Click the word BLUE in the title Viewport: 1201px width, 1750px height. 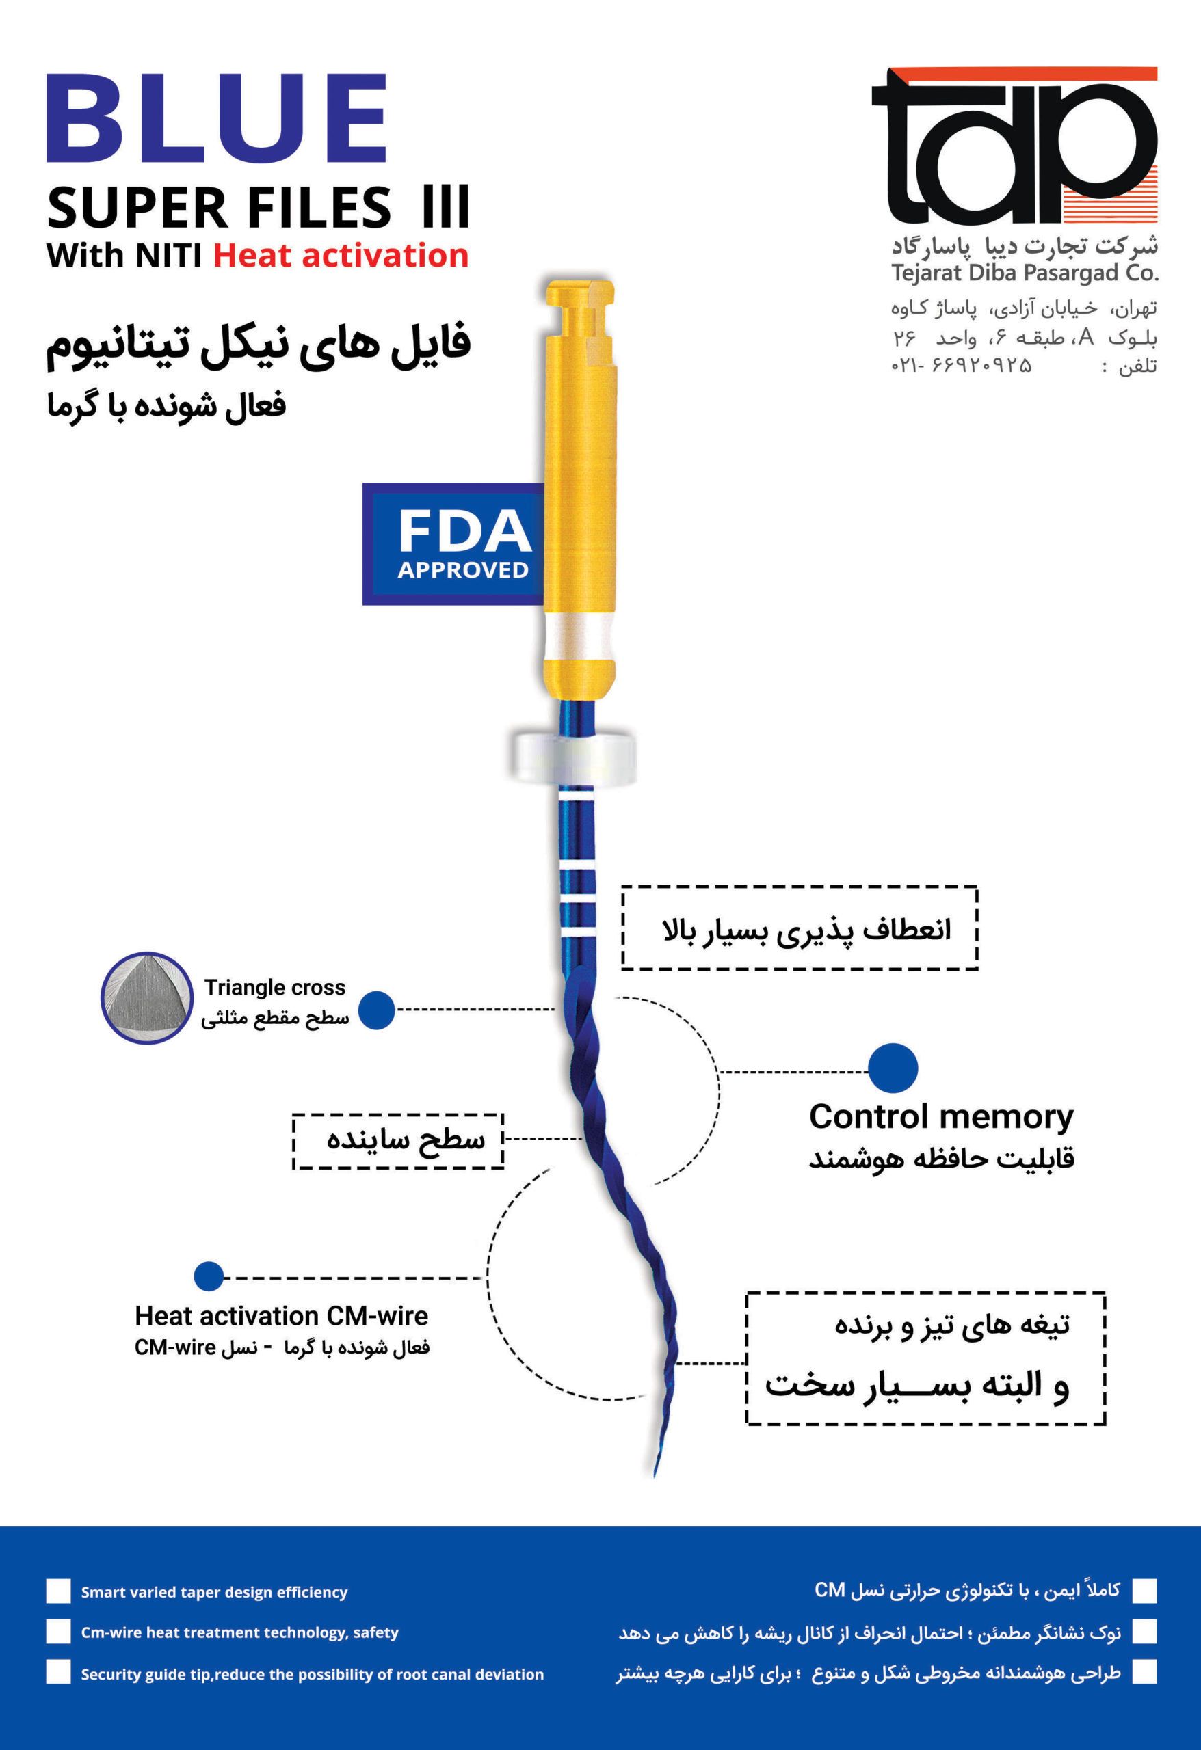coord(217,118)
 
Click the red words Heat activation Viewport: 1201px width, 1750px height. coord(341,255)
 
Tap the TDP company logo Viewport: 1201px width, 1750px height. coord(1014,146)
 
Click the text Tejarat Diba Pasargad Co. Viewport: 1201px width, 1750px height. coord(1025,273)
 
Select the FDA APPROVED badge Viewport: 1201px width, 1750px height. coord(454,543)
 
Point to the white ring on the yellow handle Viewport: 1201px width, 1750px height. coord(579,635)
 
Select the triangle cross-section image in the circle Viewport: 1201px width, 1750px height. coord(147,998)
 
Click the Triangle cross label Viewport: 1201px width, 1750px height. coord(274,987)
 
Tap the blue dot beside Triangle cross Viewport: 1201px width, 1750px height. coord(377,1010)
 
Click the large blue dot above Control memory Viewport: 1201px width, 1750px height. coord(893,1068)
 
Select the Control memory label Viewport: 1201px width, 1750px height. coord(941,1117)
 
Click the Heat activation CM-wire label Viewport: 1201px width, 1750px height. coord(281,1315)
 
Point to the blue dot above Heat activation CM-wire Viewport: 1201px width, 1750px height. coord(209,1276)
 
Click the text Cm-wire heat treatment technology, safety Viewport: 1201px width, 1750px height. coord(239,1632)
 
